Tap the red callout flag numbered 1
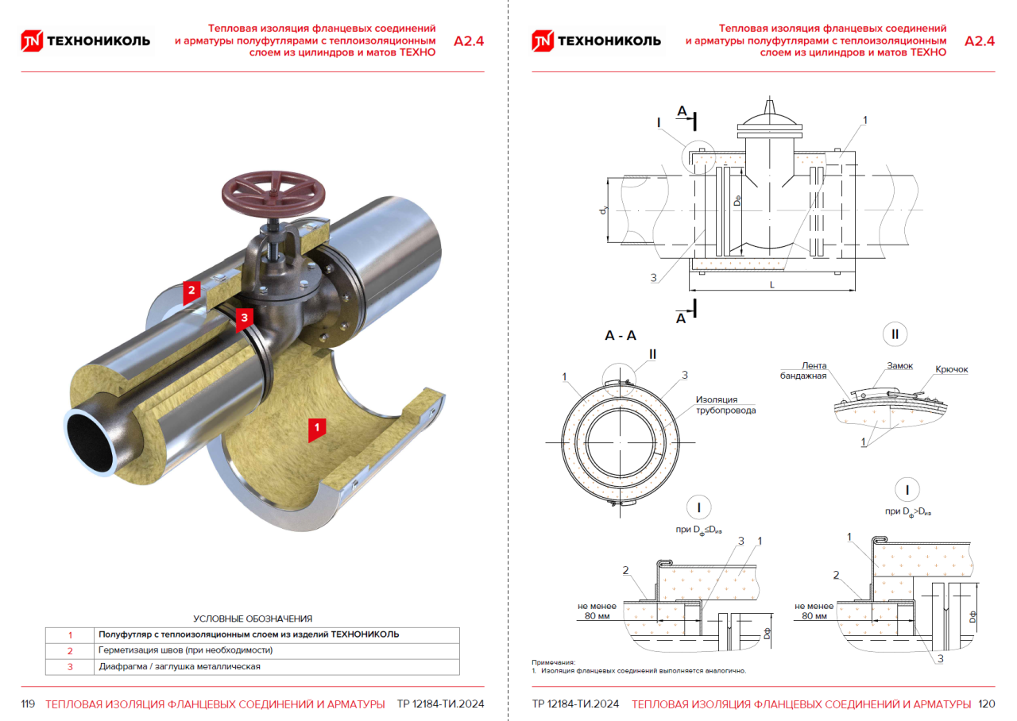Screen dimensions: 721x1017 pyautogui.click(x=316, y=428)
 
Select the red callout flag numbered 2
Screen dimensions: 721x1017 pyautogui.click(x=191, y=291)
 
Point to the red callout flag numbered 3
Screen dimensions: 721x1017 pyautogui.click(x=245, y=317)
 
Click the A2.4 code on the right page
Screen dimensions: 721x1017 pyautogui.click(x=979, y=41)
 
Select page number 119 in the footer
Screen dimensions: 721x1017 pyautogui.click(x=28, y=704)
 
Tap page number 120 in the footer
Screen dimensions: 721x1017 pyautogui.click(x=986, y=704)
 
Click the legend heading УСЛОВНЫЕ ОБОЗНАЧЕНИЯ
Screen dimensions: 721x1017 pyautogui.click(x=253, y=619)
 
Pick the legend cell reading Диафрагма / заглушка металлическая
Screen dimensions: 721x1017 pyautogui.click(x=180, y=666)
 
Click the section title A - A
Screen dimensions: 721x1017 pyautogui.click(x=621, y=336)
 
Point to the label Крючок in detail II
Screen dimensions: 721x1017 pyautogui.click(x=951, y=370)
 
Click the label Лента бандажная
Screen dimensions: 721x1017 pyautogui.click(x=802, y=370)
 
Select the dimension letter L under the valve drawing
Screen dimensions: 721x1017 pyautogui.click(x=771, y=283)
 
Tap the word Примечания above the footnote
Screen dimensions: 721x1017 pyautogui.click(x=552, y=662)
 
